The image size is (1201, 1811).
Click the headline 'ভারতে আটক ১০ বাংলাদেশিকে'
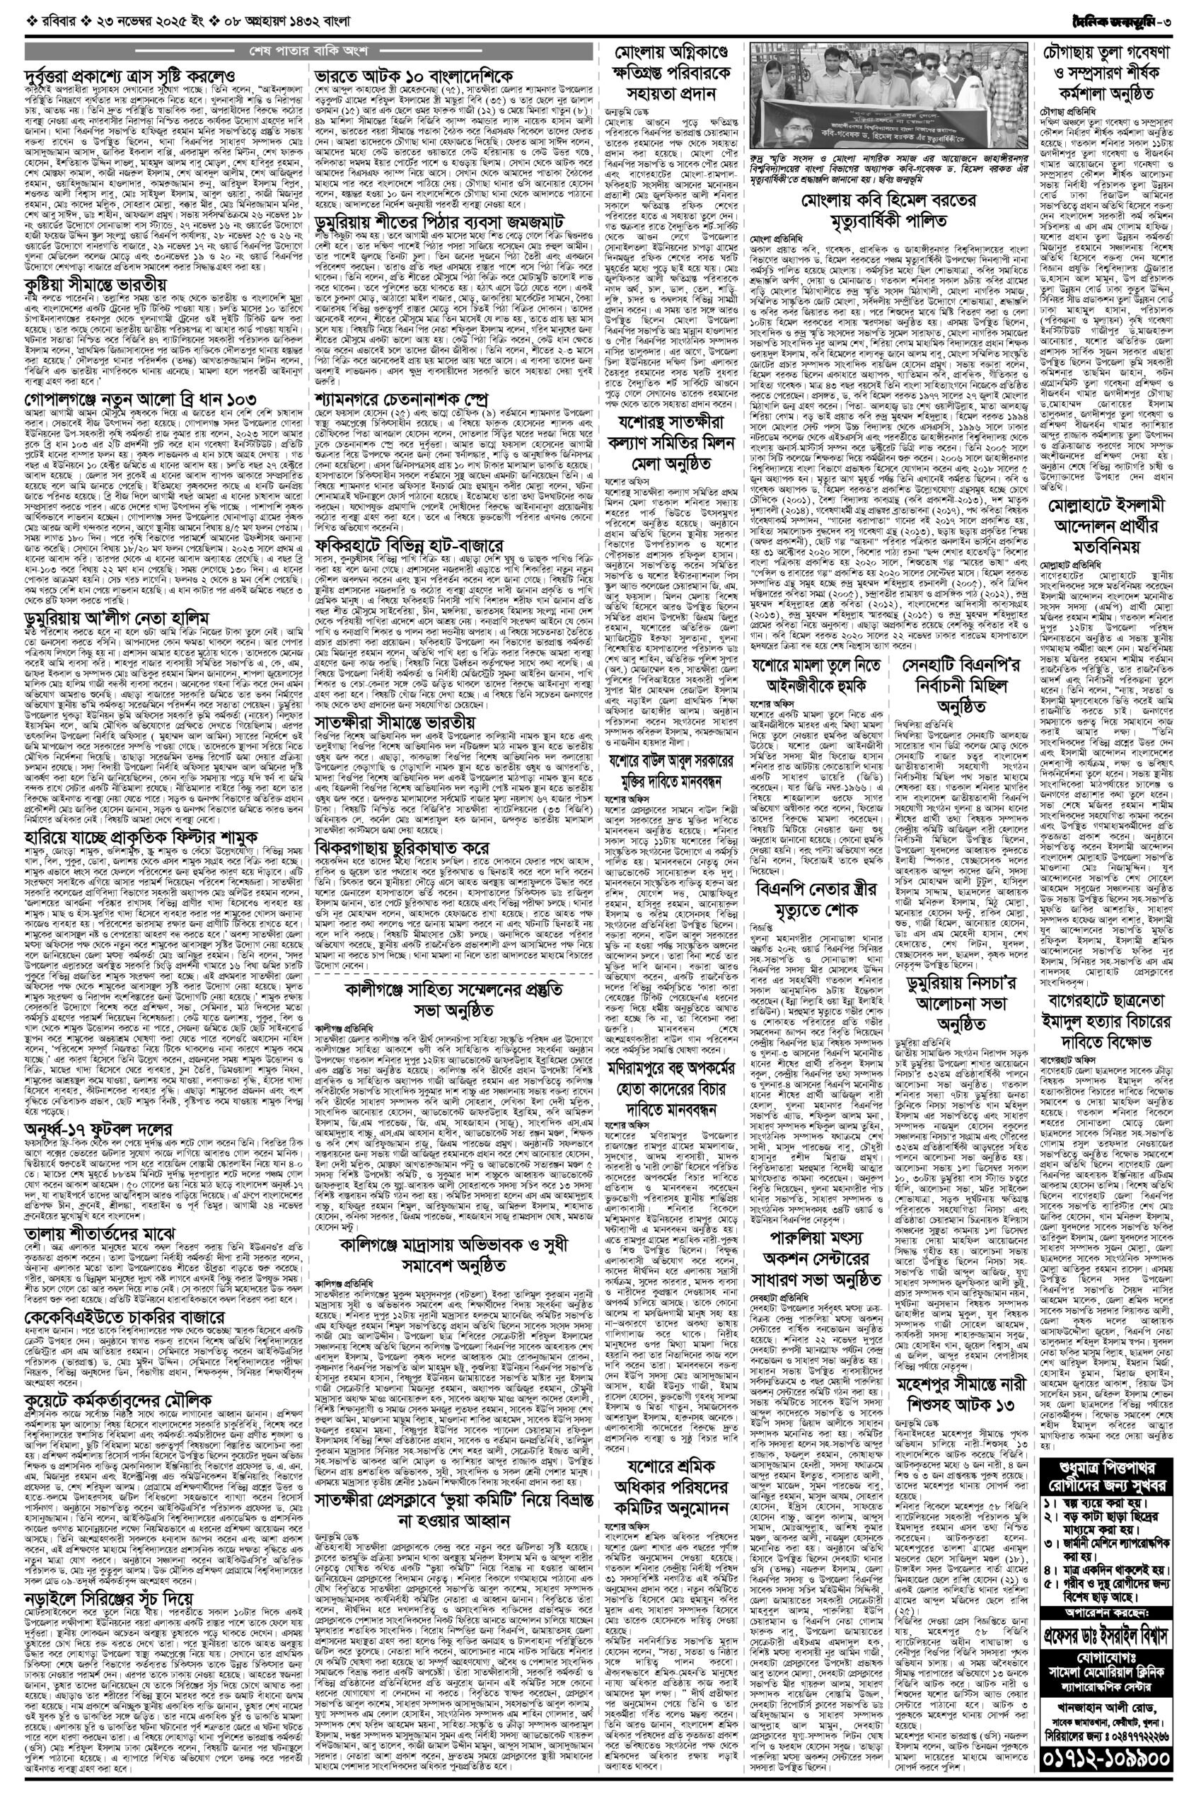(x=414, y=78)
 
